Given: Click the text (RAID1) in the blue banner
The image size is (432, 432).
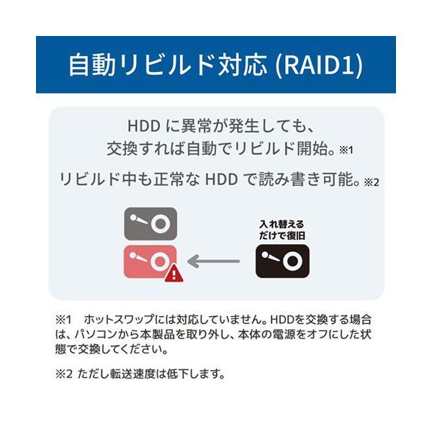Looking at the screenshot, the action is point(320,65).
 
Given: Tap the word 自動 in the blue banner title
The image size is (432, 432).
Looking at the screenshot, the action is point(91,65).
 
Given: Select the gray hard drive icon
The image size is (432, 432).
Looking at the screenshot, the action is point(150,224).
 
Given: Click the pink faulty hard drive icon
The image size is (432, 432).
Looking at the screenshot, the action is point(150,262).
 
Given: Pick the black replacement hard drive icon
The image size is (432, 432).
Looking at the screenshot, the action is point(282,261).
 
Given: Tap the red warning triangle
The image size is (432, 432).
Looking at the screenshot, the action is point(174,274).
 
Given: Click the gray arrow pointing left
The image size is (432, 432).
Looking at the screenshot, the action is point(214,261).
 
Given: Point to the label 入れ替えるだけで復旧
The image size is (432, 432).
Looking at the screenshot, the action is point(282,230).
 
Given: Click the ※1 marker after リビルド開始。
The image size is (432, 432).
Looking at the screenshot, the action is point(346,150).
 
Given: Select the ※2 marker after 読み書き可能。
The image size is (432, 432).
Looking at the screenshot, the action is point(372,182).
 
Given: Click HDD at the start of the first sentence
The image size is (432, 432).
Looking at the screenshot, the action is point(144,126).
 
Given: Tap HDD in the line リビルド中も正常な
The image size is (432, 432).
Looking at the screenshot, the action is point(221,179).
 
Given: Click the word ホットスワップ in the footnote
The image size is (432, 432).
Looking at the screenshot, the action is point(119,320).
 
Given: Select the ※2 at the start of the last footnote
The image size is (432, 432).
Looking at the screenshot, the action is point(64,374).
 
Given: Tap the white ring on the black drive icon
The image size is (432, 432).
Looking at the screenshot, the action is point(292,261).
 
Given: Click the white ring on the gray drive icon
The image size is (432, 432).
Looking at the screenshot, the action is point(160,224).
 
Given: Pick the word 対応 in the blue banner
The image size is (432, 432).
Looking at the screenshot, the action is point(243,65).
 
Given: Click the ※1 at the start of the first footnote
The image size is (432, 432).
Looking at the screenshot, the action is point(63,320).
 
